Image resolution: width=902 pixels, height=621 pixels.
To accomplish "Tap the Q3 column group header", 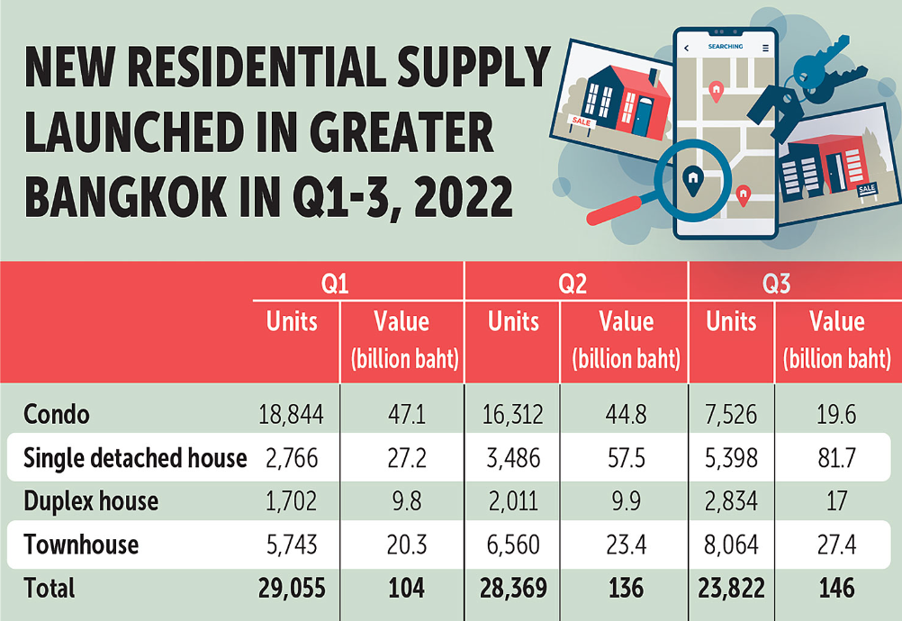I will (x=776, y=284).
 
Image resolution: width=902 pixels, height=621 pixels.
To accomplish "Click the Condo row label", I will (x=56, y=415).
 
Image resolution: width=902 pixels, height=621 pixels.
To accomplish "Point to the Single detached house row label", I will (x=135, y=458).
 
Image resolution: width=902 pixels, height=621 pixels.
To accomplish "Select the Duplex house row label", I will (x=91, y=500).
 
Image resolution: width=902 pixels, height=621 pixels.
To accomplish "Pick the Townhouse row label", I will (x=81, y=544).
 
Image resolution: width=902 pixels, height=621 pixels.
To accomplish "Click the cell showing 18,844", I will (x=290, y=415).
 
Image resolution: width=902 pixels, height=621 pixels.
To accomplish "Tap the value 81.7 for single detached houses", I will (x=836, y=458).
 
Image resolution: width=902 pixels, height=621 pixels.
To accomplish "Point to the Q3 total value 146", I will (x=836, y=588).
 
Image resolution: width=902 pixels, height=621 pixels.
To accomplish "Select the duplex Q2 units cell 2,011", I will (x=513, y=500).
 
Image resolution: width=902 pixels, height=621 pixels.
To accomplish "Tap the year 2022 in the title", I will (x=448, y=195).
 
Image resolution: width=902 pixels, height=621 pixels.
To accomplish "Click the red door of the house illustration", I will (x=642, y=116).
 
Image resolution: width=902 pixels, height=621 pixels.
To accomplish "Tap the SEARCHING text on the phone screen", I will (x=725, y=47).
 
